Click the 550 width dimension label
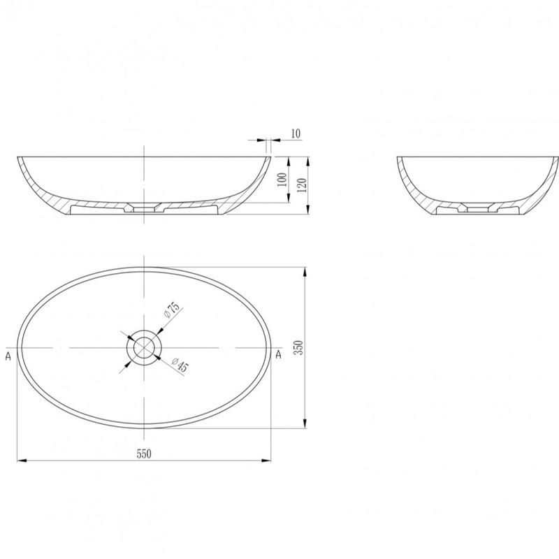[144, 453]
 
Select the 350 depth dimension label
[299, 347]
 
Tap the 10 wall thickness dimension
[296, 133]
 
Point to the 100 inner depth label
[282, 180]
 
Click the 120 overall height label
[302, 185]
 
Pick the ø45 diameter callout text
[180, 364]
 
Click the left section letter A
[8, 356]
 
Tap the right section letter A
[278, 354]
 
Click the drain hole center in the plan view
[144, 347]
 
